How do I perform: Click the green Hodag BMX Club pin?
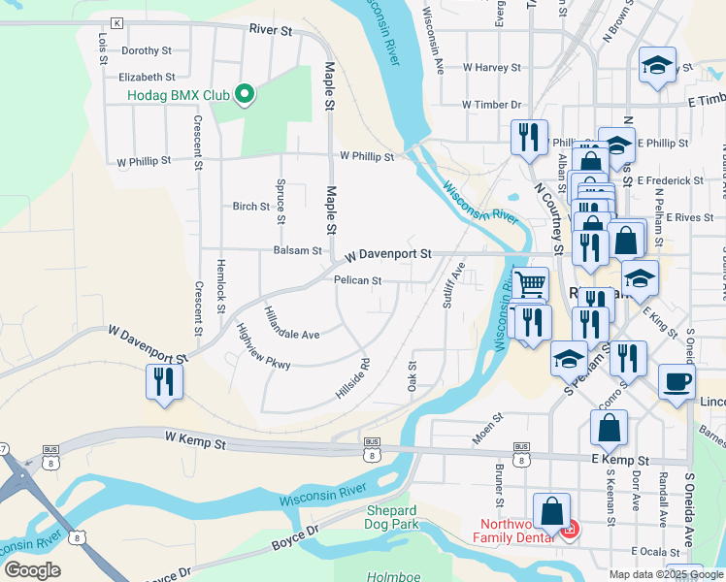pyautogui.click(x=246, y=94)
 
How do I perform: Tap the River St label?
pyautogui.click(x=270, y=30)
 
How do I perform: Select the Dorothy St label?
pyautogui.click(x=146, y=50)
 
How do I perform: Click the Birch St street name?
pyautogui.click(x=250, y=207)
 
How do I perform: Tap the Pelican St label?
pyautogui.click(x=357, y=281)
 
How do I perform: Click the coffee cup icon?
pyautogui.click(x=676, y=380)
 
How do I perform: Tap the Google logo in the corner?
pyautogui.click(x=32, y=569)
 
